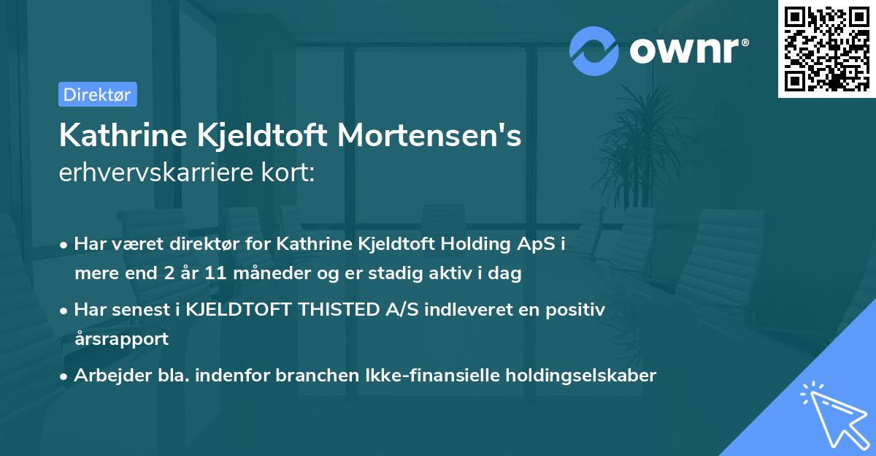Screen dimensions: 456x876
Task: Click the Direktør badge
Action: pos(97,94)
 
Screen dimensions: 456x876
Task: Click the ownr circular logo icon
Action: pos(594,50)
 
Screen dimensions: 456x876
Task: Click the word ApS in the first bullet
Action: pos(542,244)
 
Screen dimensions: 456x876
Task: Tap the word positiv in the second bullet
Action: pos(576,310)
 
